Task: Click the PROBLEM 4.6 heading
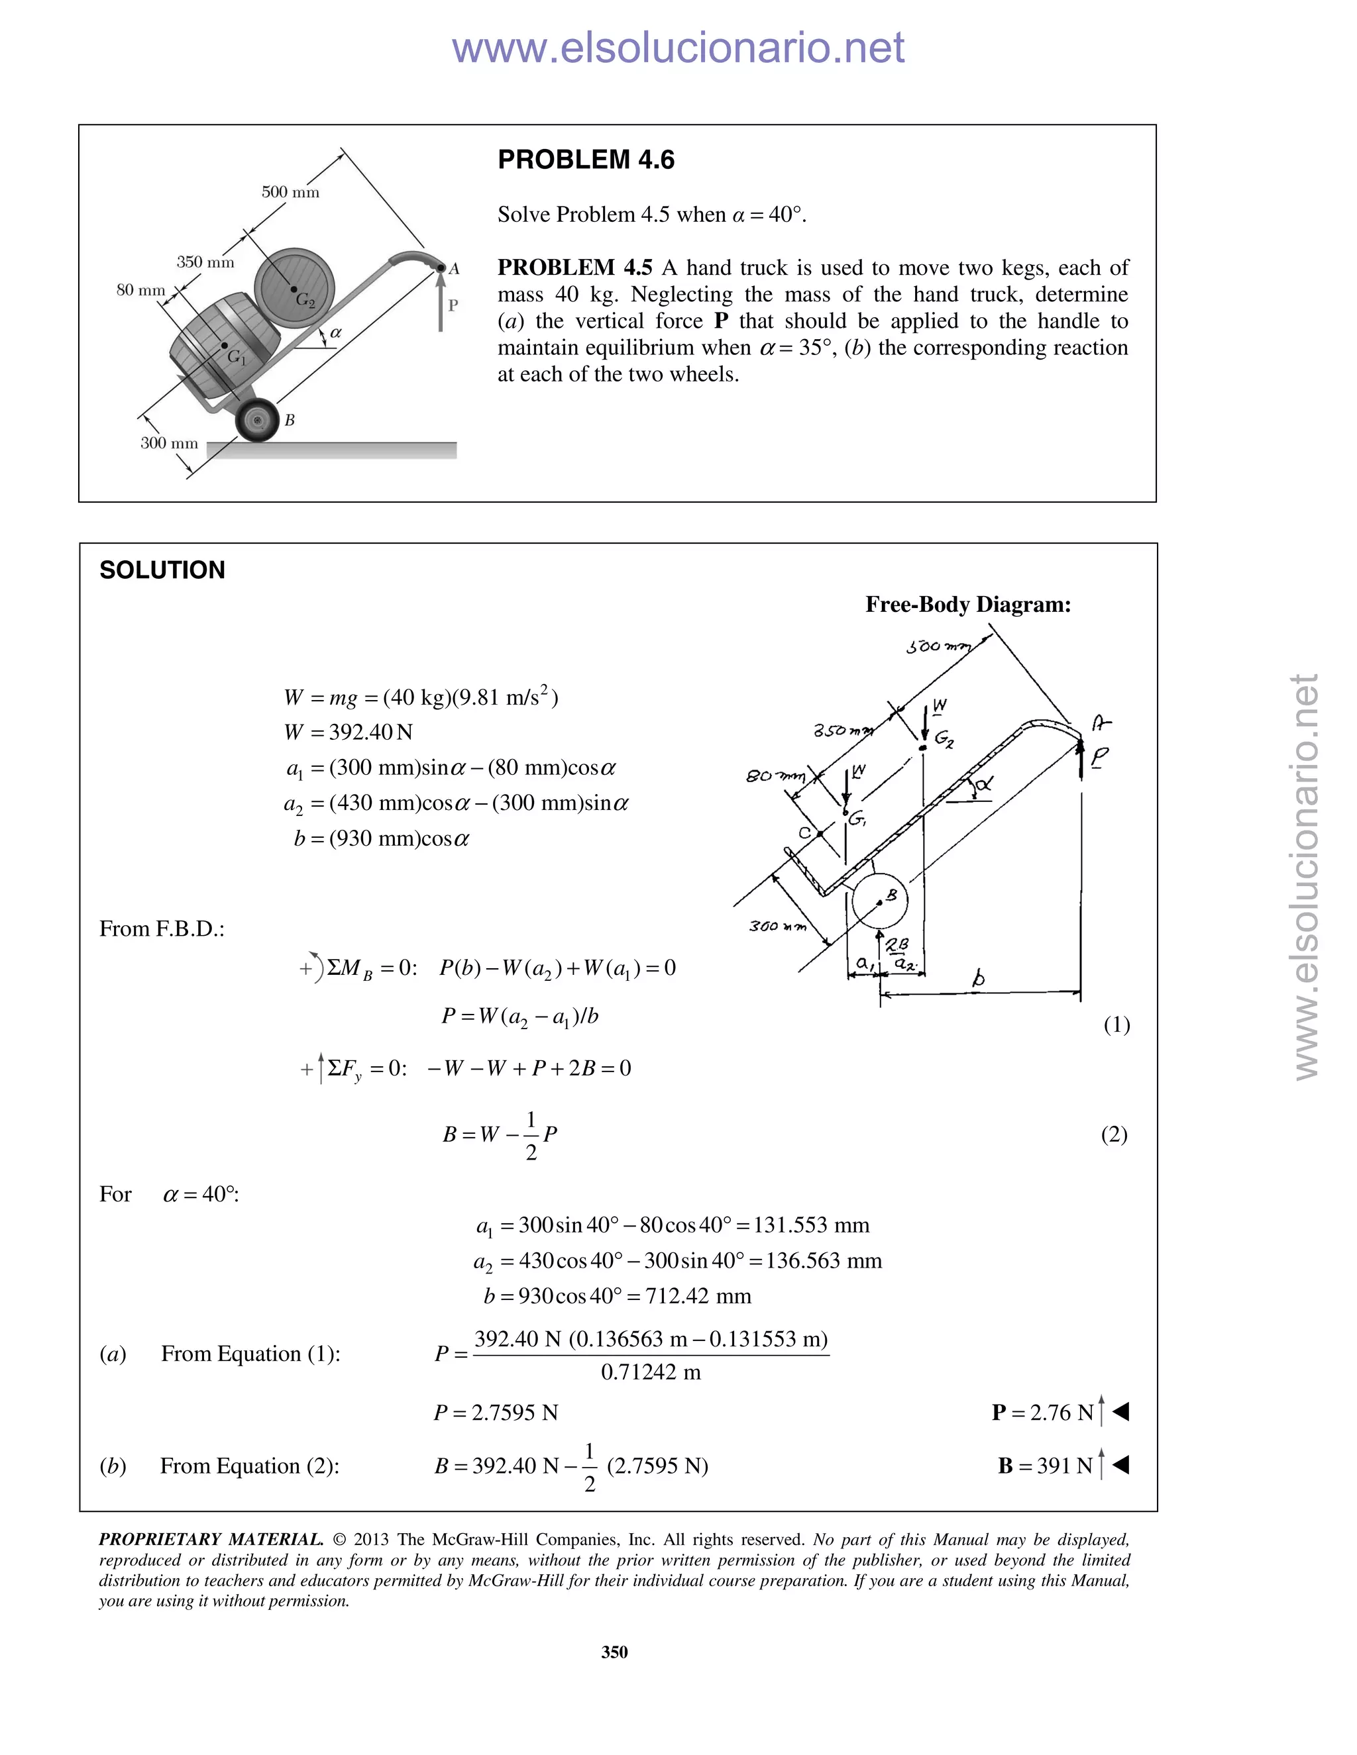coord(586,160)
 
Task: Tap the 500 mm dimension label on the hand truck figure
coord(290,192)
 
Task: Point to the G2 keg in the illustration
coord(294,287)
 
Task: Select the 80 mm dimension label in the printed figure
coord(140,290)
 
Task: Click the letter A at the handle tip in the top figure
coord(454,269)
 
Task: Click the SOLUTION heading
coord(162,570)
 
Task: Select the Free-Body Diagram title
coord(968,604)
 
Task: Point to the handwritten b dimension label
coord(979,979)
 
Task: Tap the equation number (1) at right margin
coord(1116,1025)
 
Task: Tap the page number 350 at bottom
coord(614,1652)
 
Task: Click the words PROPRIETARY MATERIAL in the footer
coord(211,1540)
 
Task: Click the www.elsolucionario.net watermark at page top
coord(678,48)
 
